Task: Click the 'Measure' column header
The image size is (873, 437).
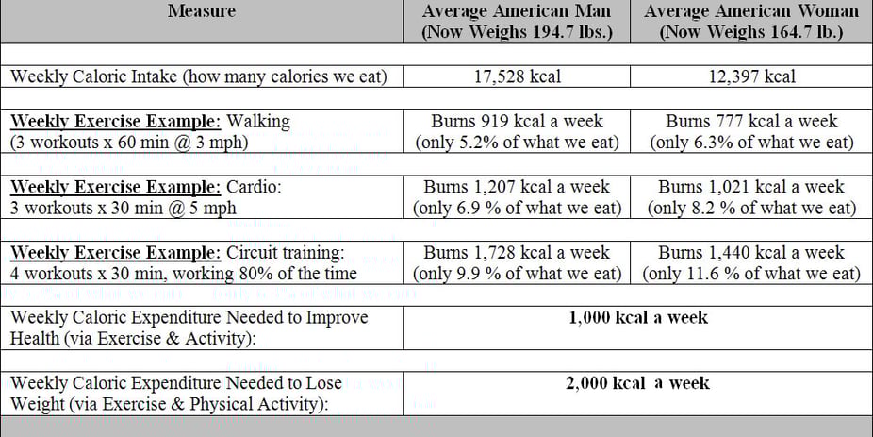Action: pos(202,11)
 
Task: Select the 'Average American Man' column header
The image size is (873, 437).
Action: pos(517,11)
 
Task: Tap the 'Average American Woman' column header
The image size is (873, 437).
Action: pos(751,11)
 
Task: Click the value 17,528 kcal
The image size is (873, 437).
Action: pos(517,76)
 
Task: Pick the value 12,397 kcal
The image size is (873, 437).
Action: pos(751,76)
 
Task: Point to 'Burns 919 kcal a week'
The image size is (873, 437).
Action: pos(517,122)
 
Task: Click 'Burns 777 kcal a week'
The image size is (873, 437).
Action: pos(751,122)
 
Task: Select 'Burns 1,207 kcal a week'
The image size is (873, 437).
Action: pos(517,187)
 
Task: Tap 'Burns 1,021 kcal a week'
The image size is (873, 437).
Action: pos(751,187)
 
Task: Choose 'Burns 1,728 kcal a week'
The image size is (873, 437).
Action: pos(517,253)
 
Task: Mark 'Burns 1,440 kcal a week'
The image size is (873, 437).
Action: pos(751,253)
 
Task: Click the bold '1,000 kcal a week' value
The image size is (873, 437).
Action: pos(638,318)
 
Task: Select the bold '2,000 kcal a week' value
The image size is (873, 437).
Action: pos(638,383)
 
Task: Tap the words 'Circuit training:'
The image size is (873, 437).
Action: pos(285,253)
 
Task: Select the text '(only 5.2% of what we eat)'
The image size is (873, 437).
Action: pos(517,143)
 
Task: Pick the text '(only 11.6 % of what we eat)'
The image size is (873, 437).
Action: pos(751,274)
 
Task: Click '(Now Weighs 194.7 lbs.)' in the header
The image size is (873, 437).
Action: pos(517,31)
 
